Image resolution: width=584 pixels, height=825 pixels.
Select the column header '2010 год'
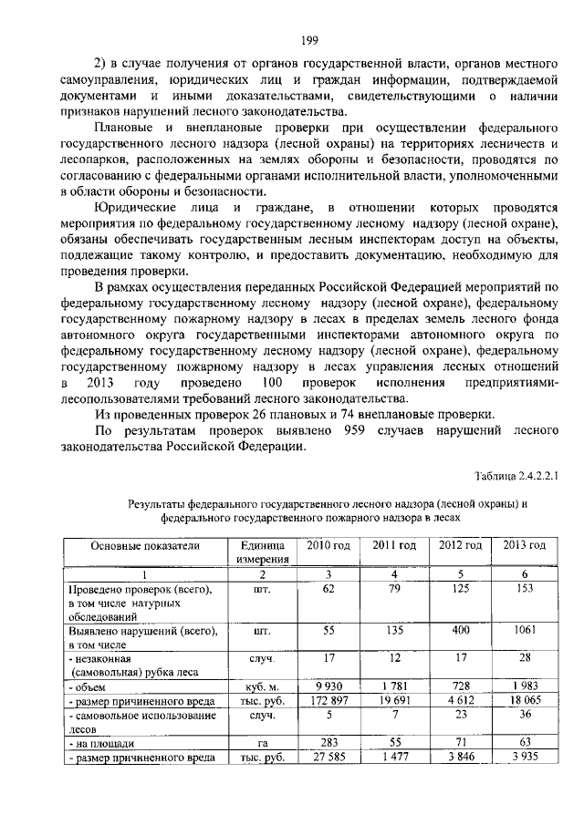coord(327,545)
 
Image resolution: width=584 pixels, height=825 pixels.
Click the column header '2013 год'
coord(524,545)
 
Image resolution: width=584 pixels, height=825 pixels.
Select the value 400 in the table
coord(460,630)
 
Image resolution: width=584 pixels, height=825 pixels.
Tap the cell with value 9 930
coord(328,686)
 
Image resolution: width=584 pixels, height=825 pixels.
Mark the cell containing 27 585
coord(328,758)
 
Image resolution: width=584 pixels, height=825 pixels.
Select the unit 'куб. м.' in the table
coord(262,686)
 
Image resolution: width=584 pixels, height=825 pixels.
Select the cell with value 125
coord(460,590)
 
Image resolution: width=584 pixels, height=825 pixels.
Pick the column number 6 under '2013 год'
coord(524,574)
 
